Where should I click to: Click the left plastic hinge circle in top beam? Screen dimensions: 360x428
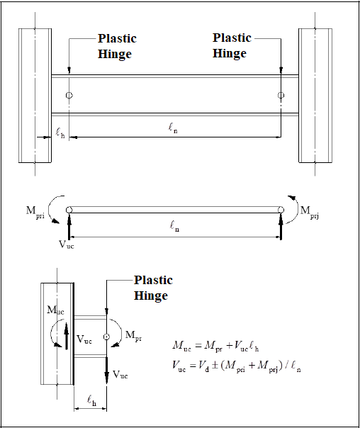[x=69, y=95]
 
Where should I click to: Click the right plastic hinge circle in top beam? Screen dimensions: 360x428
[x=281, y=95]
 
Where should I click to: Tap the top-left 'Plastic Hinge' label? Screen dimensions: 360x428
[x=117, y=46]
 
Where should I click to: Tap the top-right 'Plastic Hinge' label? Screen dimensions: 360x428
[x=232, y=45]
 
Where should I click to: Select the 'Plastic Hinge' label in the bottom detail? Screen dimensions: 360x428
[x=153, y=288]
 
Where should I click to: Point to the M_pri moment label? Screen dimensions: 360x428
[x=35, y=211]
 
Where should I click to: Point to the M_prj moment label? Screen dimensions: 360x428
[x=310, y=212]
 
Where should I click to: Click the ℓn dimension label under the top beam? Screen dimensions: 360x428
[x=173, y=128]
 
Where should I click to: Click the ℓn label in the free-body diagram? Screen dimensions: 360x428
[x=174, y=226]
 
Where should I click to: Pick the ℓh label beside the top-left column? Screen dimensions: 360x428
[x=60, y=133]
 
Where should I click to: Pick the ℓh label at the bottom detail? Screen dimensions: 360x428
[x=91, y=400]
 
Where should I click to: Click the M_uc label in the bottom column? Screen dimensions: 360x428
[x=56, y=310]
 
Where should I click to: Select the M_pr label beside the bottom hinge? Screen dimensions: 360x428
[x=133, y=335]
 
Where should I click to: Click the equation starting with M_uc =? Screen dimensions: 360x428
[x=215, y=346]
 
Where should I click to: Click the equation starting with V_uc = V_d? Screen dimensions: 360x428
[x=237, y=366]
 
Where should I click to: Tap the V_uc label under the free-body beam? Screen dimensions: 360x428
[x=67, y=244]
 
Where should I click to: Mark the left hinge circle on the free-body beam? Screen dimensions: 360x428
[x=69, y=210]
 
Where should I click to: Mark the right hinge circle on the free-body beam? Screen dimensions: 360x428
[x=281, y=210]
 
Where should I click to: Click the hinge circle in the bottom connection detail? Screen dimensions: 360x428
[x=106, y=337]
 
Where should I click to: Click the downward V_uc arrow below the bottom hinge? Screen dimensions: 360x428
[x=107, y=370]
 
